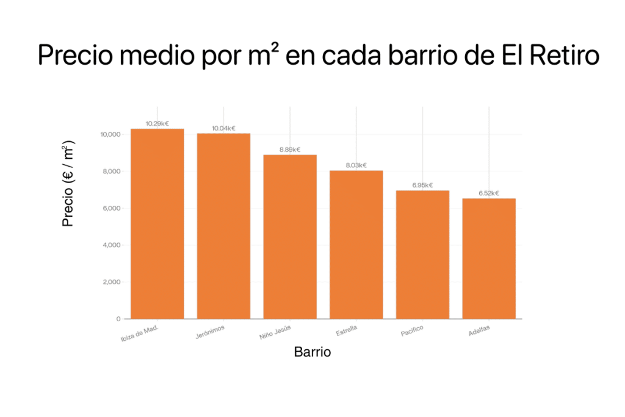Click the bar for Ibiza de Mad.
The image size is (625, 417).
[x=157, y=223]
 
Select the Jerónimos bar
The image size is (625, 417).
[x=223, y=226]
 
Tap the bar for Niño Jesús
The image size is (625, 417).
[x=290, y=237]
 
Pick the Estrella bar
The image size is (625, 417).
[x=356, y=244]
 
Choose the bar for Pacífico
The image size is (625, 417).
[x=422, y=255]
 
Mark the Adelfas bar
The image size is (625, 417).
[x=489, y=258]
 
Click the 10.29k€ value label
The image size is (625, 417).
[x=157, y=123]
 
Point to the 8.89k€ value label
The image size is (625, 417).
[x=290, y=150]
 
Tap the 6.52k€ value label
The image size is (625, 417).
[x=489, y=193]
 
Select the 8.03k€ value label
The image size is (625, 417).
[x=356, y=165]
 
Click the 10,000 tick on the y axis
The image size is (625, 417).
[x=110, y=134]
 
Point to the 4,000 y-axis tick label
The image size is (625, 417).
[x=112, y=245]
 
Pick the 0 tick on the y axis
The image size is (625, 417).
[x=118, y=319]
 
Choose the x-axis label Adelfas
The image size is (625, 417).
[x=479, y=332]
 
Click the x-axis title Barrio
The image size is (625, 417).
[x=312, y=352]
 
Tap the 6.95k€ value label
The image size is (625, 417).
[x=422, y=185]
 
